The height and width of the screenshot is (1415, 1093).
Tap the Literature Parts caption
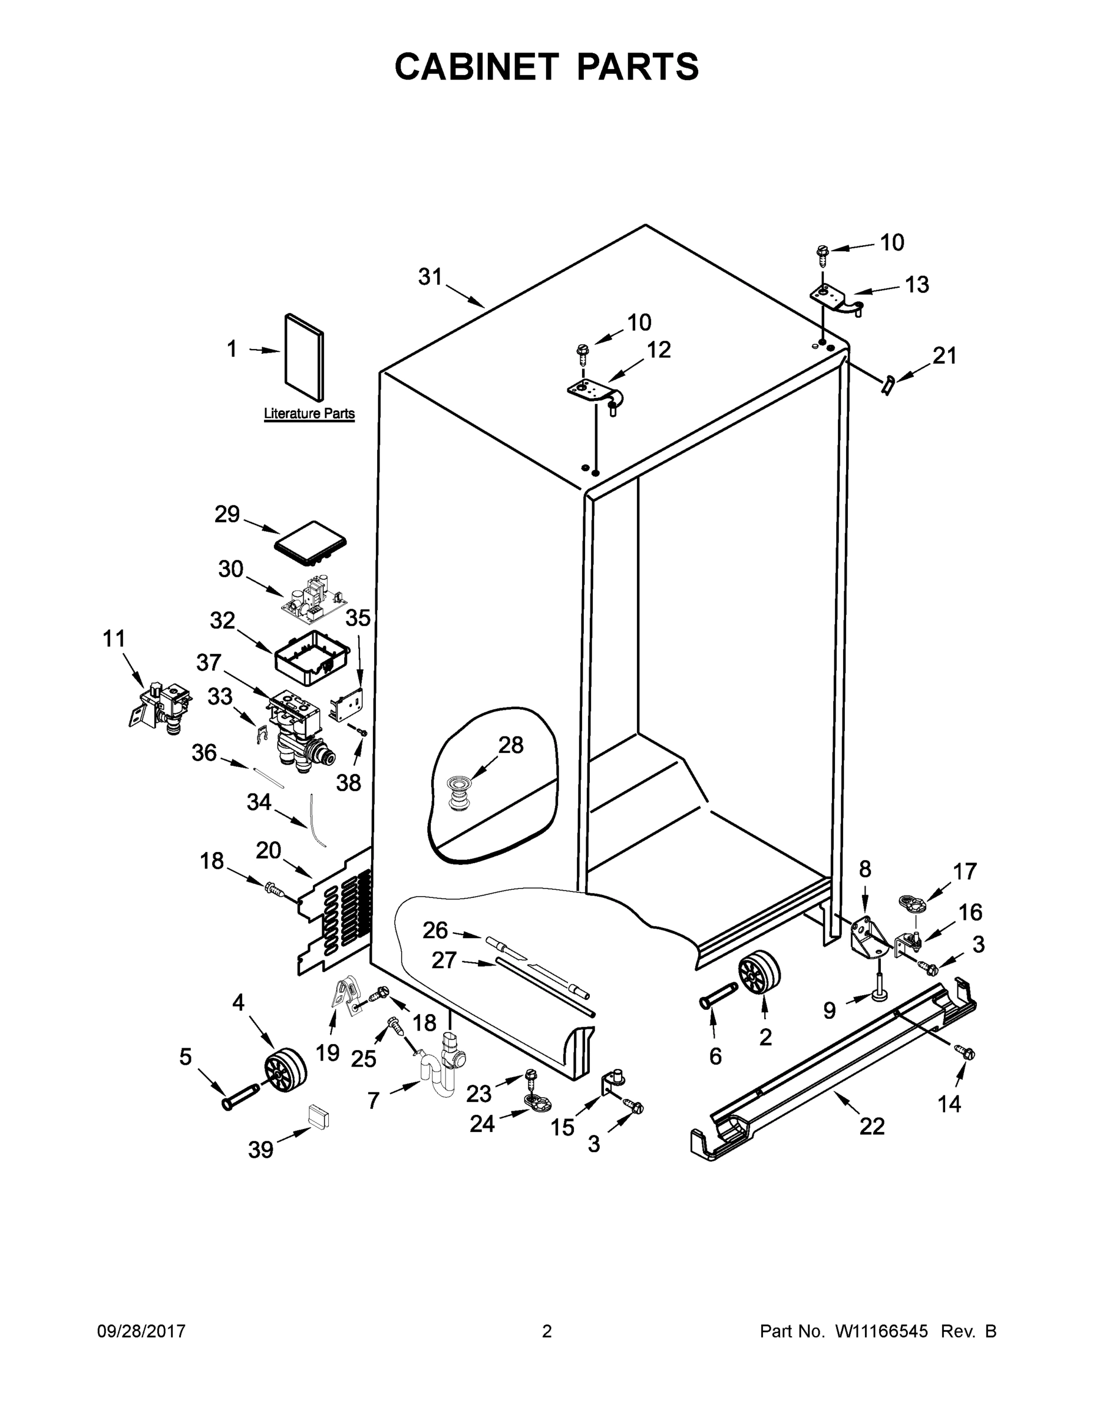pos(309,413)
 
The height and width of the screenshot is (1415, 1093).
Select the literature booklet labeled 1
pos(303,356)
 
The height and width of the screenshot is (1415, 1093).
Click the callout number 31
pos(430,277)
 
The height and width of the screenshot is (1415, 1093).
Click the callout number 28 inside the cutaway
pos(510,745)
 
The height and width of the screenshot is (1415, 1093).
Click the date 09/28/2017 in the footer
pos(141,1331)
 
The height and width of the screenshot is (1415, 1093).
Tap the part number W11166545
pos(881,1331)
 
